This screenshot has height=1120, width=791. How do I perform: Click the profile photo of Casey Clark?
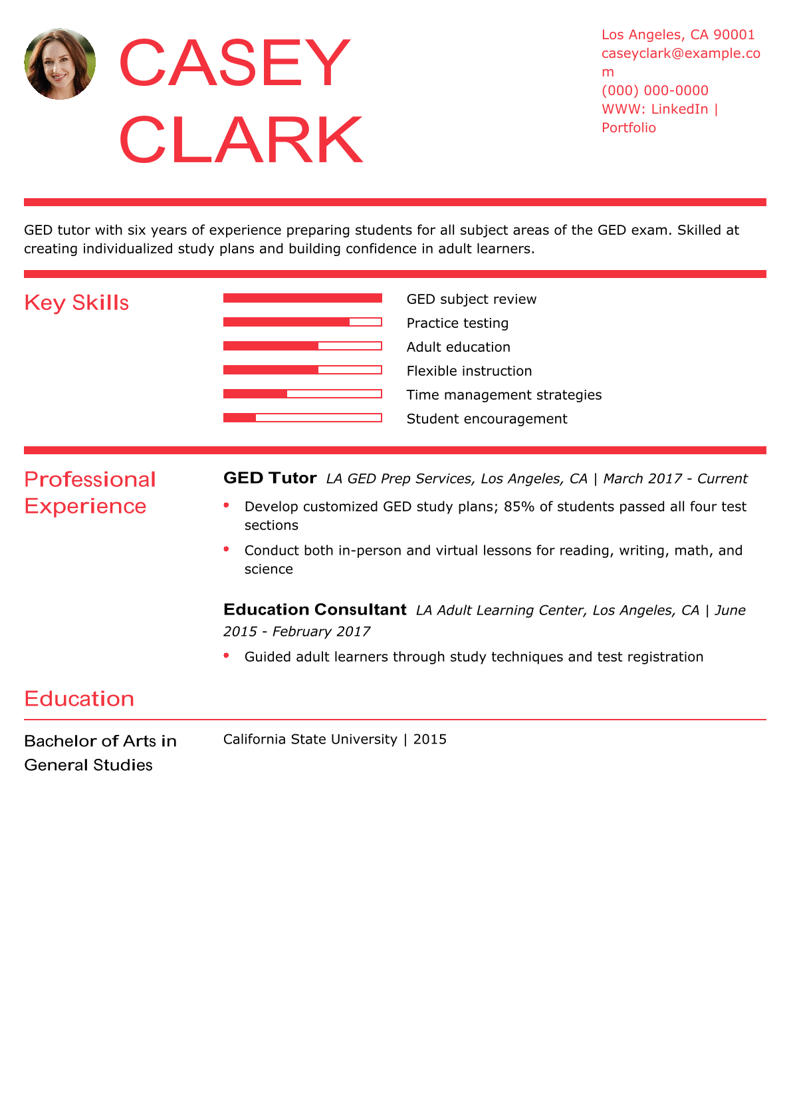coord(60,64)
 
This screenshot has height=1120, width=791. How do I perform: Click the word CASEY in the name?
coord(234,63)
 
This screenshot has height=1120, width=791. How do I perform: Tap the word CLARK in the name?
coord(241,140)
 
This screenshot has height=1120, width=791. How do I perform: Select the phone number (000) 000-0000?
coord(655,90)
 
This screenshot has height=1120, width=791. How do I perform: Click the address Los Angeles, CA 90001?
coord(678,35)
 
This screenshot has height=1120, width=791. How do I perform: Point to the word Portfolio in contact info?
coord(628,128)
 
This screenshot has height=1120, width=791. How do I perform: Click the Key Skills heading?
coord(76,303)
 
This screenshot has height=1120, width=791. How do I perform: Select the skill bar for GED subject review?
coord(302,298)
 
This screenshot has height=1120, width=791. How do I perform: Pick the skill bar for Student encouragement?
coord(302,418)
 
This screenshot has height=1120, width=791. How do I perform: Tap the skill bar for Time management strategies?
coord(302,394)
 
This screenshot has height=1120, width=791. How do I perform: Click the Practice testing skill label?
coord(457,323)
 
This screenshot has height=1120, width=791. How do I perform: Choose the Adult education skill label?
coord(458,347)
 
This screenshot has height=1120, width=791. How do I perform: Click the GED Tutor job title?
coord(270,478)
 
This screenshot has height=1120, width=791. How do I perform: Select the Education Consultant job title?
coord(314,610)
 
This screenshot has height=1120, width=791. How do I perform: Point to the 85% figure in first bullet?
coord(518,507)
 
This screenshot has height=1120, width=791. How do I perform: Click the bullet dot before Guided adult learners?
coord(227,656)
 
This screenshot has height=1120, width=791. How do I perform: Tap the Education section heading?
coord(79,699)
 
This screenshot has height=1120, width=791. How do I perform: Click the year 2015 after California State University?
coord(429,740)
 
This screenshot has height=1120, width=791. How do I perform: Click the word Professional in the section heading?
coord(90,480)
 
